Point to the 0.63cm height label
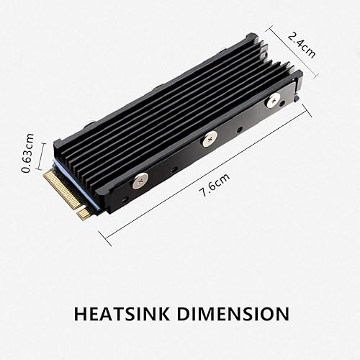(29, 152)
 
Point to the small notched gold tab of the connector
(84, 213)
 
